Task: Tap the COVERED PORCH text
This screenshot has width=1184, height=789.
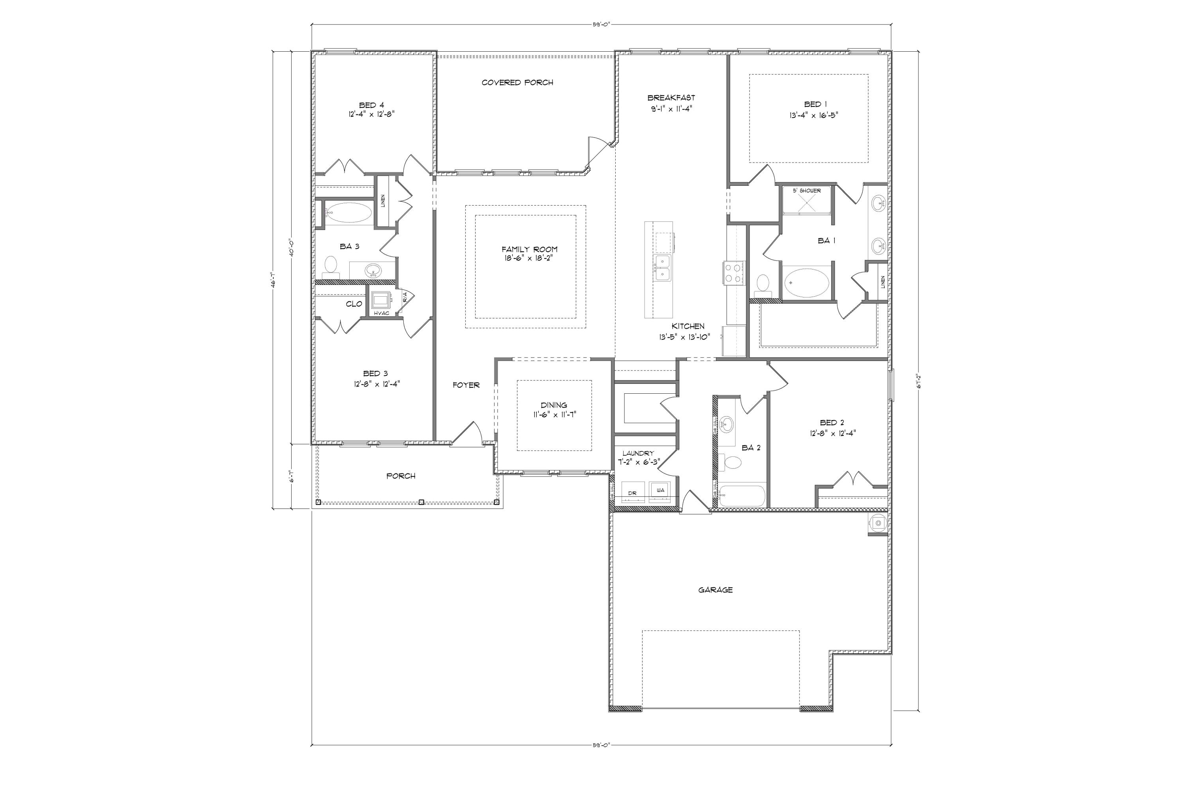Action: coord(517,82)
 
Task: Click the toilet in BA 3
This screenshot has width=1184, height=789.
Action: coord(331,266)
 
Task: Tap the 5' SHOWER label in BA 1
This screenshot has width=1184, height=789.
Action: coord(807,191)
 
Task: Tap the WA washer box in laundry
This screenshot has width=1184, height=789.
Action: coord(660,490)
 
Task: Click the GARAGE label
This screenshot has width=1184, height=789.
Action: coord(715,590)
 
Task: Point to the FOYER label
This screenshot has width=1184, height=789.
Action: coord(466,385)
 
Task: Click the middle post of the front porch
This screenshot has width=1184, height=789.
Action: coord(422,502)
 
